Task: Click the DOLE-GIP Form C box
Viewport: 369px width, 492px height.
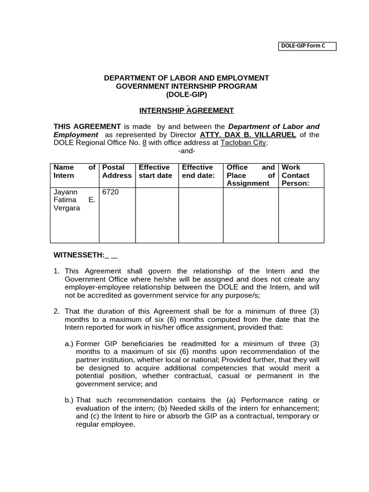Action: click(x=307, y=46)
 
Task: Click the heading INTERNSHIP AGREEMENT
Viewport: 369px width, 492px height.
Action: click(x=186, y=111)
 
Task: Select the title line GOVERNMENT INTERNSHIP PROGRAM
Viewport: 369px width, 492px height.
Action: click(x=186, y=86)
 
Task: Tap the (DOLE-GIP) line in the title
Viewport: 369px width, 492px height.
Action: click(x=186, y=94)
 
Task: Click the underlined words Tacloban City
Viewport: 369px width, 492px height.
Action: click(x=243, y=143)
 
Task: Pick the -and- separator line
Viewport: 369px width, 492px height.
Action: click(x=186, y=150)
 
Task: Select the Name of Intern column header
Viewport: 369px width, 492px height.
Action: click(x=74, y=172)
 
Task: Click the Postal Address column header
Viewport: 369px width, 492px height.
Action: click(x=117, y=172)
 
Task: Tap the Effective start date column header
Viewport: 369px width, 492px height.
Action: click(x=155, y=172)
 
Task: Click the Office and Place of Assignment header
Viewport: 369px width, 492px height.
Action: click(x=250, y=175)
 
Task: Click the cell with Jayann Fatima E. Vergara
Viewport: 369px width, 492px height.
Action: click(x=74, y=200)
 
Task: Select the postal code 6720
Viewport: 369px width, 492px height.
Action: click(x=111, y=192)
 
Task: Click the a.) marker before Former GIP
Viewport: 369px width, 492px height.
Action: click(x=69, y=344)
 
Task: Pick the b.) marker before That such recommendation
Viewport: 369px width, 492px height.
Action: click(x=69, y=400)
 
